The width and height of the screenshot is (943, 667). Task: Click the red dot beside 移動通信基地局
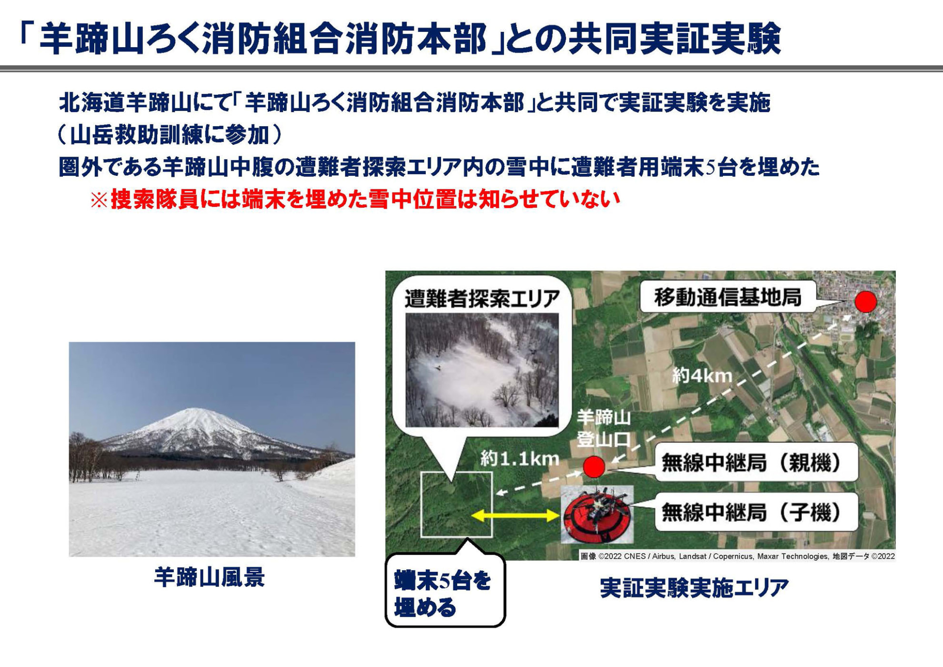coord(865,302)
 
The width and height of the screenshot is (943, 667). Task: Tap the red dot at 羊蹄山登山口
coord(594,467)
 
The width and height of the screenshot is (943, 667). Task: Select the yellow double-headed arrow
coord(515,515)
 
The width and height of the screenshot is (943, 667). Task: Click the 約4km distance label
coord(702,376)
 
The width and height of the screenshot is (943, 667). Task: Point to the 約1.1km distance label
coord(520,459)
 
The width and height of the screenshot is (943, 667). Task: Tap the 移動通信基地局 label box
coord(727,297)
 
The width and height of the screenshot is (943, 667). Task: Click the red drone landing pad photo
coord(597,514)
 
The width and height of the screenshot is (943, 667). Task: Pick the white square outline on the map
coord(456,504)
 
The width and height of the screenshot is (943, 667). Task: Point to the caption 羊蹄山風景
coord(210,577)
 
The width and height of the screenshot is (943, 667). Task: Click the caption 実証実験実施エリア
coord(694,588)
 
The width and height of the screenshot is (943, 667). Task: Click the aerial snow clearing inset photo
coord(482,369)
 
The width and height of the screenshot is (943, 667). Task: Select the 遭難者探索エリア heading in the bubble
coord(482,299)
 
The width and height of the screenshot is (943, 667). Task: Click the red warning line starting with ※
coord(355,199)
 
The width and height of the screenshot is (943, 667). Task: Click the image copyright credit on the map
coord(737,556)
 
